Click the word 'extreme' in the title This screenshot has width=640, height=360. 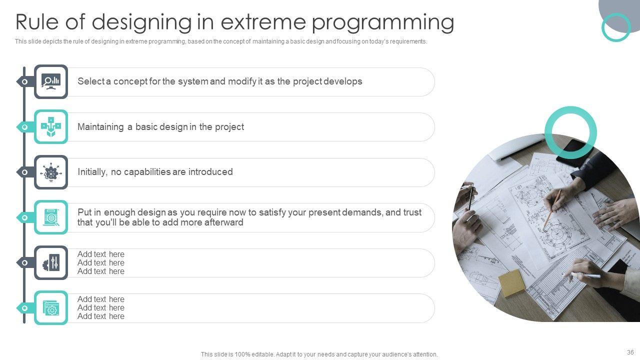pos(263,22)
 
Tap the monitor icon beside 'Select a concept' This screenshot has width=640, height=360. pos(51,81)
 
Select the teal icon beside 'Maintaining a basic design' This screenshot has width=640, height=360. pos(51,126)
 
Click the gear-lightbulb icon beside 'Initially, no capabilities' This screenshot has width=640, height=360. pos(51,172)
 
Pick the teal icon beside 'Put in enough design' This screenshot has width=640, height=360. pos(51,217)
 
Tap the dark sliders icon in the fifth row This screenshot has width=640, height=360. pos(51,262)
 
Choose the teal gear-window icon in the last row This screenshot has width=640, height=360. pos(51,307)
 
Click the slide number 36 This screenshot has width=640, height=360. pos(630,352)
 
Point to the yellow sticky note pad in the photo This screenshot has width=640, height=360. pos(511,282)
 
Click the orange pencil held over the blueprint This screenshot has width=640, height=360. pos(552,208)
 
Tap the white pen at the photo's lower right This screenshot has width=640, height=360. pos(585,275)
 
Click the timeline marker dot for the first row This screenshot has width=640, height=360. pos(25,81)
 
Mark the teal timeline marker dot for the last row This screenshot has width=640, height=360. pos(25,308)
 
